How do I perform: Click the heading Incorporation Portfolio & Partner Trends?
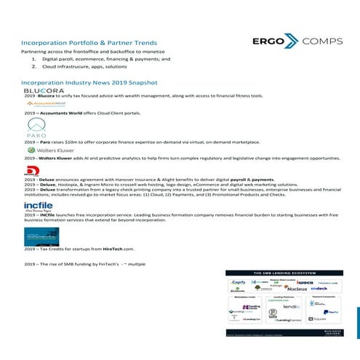(89, 43)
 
